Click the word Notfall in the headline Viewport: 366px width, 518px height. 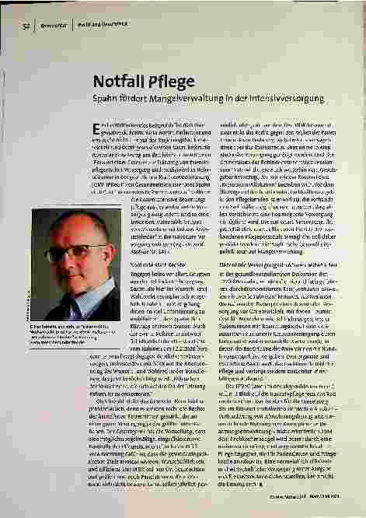pyautogui.click(x=116, y=82)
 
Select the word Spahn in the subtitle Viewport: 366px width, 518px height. pyautogui.click(x=106, y=101)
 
